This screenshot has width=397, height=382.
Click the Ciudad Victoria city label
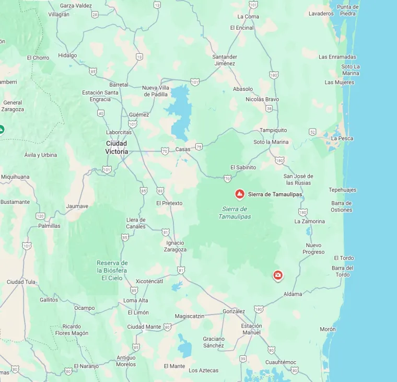click(x=116, y=147)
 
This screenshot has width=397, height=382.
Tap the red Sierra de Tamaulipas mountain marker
click(x=240, y=194)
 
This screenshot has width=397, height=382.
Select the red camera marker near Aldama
click(x=278, y=275)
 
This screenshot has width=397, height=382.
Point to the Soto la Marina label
click(x=271, y=142)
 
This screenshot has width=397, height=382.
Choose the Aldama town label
click(x=293, y=294)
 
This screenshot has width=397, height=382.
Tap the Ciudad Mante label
click(x=144, y=327)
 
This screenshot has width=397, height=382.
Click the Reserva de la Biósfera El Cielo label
click(x=112, y=270)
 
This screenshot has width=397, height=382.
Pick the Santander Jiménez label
click(x=225, y=60)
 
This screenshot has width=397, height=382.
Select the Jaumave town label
click(x=77, y=206)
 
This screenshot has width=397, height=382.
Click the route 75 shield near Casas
click(x=198, y=147)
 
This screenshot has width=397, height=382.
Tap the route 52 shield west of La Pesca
click(x=311, y=132)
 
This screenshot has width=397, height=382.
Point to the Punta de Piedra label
click(x=348, y=10)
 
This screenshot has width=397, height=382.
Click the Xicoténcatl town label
click(x=149, y=281)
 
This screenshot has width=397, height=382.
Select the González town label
click(x=233, y=311)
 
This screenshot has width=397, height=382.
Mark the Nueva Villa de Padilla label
click(x=155, y=91)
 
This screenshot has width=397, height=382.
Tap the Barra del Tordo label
click(x=343, y=271)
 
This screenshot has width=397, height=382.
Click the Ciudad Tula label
click(x=21, y=282)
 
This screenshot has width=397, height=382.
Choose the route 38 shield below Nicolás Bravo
click(x=269, y=108)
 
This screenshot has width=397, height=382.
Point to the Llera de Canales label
click(x=136, y=223)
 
